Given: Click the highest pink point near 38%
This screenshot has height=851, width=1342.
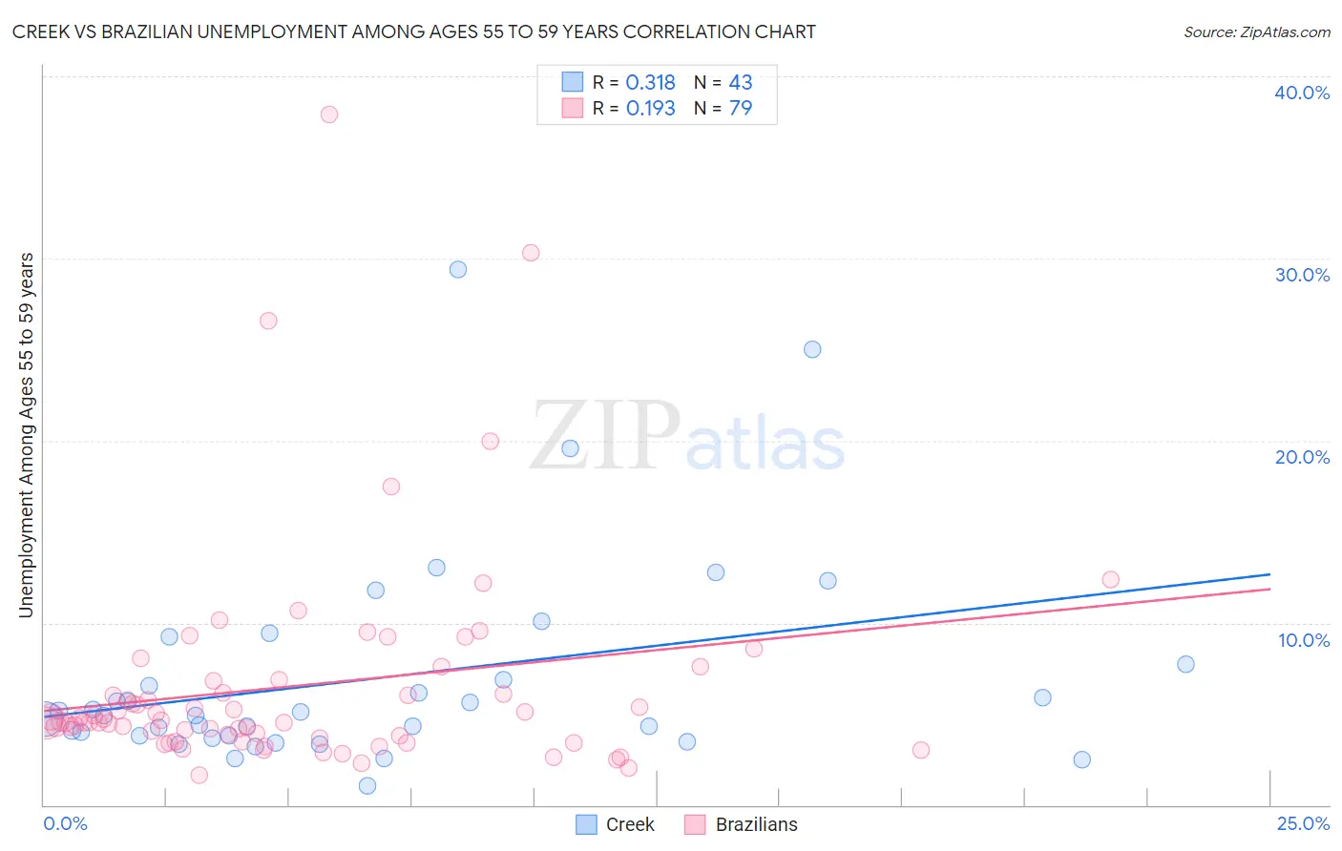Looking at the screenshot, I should click(x=329, y=114).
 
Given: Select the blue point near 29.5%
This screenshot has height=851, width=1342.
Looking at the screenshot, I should click(x=458, y=270).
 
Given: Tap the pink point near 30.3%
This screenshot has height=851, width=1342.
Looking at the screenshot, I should click(x=531, y=253).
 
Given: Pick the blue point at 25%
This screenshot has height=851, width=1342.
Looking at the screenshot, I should click(x=812, y=349).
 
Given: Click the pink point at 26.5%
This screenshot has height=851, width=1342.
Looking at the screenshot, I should click(x=268, y=321).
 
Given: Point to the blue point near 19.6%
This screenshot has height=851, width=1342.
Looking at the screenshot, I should click(x=571, y=448).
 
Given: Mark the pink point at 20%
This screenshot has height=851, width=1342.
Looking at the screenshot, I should click(x=491, y=441).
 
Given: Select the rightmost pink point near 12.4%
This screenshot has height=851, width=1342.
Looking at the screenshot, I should click(x=1110, y=579).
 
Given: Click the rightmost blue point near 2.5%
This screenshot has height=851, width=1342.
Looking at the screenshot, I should click(x=1081, y=759).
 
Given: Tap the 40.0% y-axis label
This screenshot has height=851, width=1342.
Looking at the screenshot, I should click(x=1302, y=93).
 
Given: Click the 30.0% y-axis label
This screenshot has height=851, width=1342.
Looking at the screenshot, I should click(x=1302, y=275).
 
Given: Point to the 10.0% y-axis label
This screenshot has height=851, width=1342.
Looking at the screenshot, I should click(x=1304, y=640).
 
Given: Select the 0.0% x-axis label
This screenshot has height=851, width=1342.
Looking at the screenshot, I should click(x=65, y=824).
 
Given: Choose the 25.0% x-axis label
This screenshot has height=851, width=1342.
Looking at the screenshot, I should click(x=1303, y=824).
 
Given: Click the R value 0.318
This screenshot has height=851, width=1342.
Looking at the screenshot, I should click(x=650, y=83).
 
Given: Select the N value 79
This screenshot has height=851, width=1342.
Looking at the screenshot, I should click(x=741, y=109).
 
